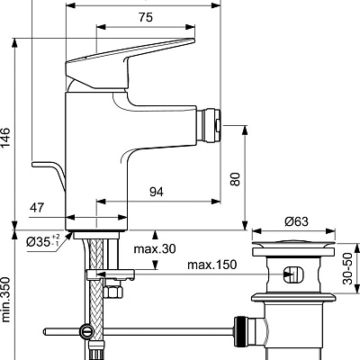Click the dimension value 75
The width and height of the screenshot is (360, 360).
(x=145, y=16)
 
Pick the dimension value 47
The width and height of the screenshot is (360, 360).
(x=37, y=209)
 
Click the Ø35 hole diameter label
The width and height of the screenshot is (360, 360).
(x=42, y=241)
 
